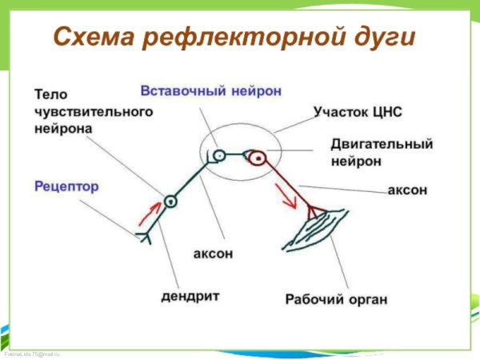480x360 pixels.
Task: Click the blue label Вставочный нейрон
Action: [x=211, y=90]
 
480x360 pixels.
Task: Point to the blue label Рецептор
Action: [x=66, y=186]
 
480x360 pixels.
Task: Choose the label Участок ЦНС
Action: [x=358, y=113]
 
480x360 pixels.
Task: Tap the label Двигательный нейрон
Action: [x=382, y=152]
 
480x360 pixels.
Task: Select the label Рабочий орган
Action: [x=337, y=300]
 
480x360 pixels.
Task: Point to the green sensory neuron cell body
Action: [x=169, y=201]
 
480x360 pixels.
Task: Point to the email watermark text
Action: [x=32, y=353]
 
